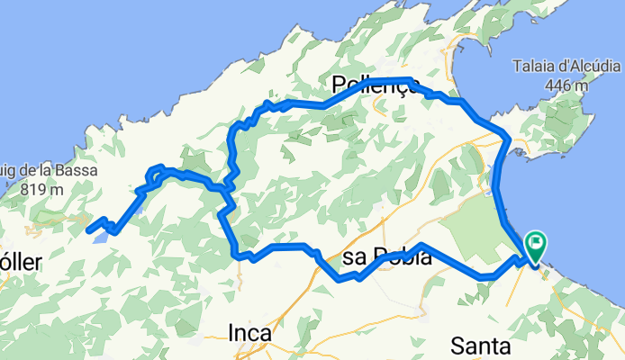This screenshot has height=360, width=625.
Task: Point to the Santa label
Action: tap(482, 346)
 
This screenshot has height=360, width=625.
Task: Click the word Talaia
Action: tap(539, 67)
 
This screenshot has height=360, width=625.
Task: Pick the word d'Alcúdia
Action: tap(587, 67)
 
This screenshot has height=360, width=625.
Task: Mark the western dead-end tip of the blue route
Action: tap(88, 230)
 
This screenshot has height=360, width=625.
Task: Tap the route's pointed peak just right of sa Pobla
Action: tap(421, 245)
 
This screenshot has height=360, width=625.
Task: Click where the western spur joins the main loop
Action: tap(224, 188)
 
